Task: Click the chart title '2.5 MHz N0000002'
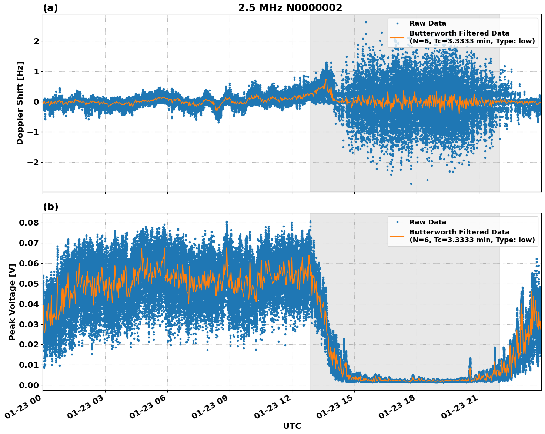(290, 8)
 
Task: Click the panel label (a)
(50, 8)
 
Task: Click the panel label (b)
(50, 207)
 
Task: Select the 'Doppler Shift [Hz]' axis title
(20, 103)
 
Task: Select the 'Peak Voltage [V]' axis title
(12, 302)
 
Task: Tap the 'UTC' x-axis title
(292, 426)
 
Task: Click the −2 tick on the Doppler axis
(33, 162)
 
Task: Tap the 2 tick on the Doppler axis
(36, 41)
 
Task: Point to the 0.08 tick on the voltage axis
(29, 223)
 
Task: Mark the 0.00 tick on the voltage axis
(29, 385)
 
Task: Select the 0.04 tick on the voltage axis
(29, 304)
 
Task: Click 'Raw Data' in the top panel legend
(428, 24)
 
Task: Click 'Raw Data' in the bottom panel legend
(428, 222)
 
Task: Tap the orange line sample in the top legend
(397, 37)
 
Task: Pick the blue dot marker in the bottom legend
(397, 222)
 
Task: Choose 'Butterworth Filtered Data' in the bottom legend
(459, 232)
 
